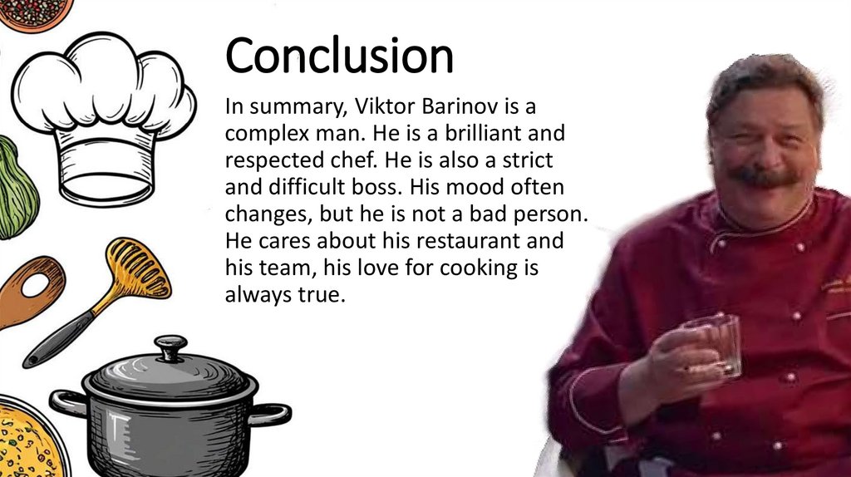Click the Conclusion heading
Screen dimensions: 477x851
(x=339, y=56)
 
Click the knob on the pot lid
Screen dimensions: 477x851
(x=170, y=347)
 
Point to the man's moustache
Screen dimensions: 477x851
(x=765, y=175)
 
